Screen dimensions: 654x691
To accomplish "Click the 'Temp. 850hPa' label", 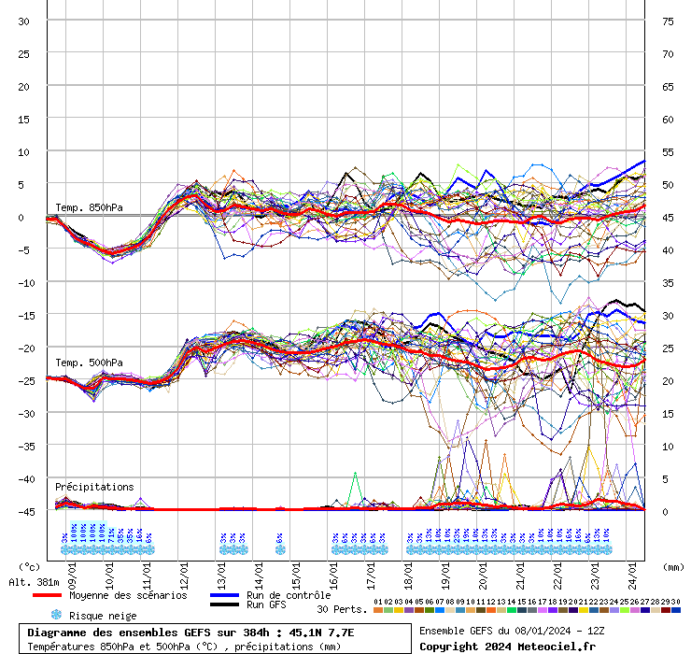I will (x=89, y=207).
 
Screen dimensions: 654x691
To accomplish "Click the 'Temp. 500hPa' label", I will (x=89, y=363).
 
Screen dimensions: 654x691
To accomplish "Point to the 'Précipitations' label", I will (x=94, y=487).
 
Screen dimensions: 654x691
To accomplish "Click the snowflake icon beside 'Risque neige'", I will (x=55, y=616).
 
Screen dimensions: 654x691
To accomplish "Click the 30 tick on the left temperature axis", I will (x=23, y=21).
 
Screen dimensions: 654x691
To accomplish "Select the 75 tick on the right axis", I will (x=668, y=21).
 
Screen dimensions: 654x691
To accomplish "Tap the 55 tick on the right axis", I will (x=668, y=151).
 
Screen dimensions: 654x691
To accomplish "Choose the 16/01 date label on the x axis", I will (x=333, y=568).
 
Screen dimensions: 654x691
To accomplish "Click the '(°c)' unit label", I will (x=30, y=566).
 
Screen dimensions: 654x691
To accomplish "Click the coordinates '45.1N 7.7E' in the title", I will (x=316, y=633).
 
